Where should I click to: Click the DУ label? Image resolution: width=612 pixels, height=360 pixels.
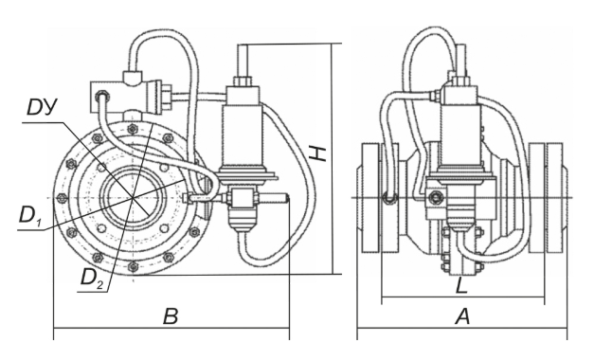tap(42, 107)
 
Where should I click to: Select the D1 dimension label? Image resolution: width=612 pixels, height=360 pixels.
tap(30, 215)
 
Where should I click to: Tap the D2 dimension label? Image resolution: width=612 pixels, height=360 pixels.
tap(91, 278)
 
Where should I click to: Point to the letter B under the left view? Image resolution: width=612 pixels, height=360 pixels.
tap(171, 316)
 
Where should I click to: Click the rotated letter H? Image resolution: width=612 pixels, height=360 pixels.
tap(319, 153)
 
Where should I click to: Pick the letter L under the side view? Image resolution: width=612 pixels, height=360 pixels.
tap(461, 286)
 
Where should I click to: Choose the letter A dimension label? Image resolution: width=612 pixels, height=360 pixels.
tap(462, 316)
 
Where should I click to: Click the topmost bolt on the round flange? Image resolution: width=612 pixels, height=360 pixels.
tap(133, 128)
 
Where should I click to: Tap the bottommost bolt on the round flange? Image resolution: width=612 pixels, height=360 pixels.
tap(133, 266)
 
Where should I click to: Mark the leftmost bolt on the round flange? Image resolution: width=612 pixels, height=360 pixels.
tap(61, 198)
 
